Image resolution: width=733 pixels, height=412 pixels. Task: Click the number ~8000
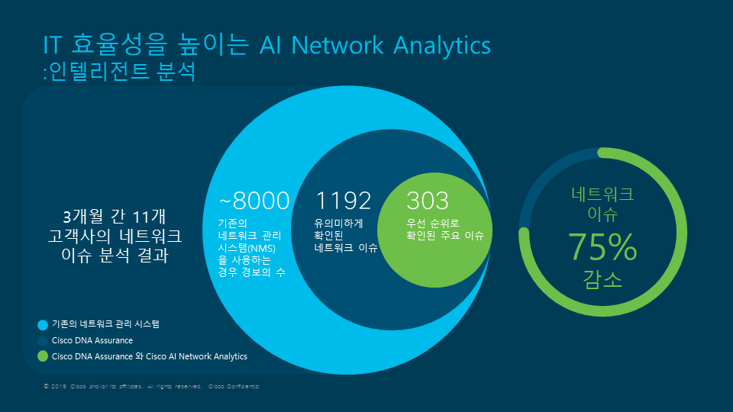(x=254, y=201)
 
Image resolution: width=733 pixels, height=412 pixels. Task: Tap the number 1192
(x=344, y=201)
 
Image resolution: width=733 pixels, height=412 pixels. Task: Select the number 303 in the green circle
(x=428, y=201)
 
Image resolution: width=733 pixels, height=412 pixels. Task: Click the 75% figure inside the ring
(x=602, y=246)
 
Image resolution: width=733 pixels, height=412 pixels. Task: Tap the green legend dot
(x=43, y=356)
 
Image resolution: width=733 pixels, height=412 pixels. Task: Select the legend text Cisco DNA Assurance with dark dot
(x=92, y=340)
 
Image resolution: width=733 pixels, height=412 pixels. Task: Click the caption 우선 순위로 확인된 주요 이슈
(x=445, y=230)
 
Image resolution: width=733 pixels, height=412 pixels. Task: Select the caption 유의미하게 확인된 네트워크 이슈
(x=346, y=236)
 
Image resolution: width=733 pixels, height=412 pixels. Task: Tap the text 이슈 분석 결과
(x=115, y=256)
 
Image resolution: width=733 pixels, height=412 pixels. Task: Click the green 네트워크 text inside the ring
(x=602, y=194)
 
